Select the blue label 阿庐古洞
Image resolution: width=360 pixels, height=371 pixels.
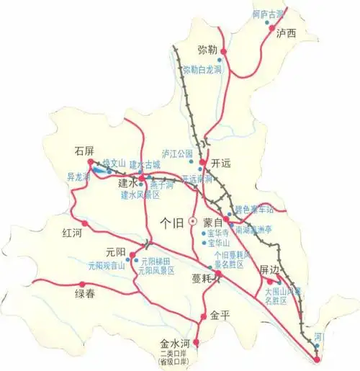[x=267, y=14]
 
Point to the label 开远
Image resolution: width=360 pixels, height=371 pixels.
[x=222, y=163]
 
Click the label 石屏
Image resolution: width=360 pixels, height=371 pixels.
[x=85, y=151]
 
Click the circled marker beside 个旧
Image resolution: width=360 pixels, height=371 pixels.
[x=192, y=222]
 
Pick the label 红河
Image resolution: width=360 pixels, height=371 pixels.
[x=73, y=233]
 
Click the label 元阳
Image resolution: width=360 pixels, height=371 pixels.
[x=116, y=251]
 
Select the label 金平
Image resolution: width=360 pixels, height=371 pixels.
[x=220, y=316]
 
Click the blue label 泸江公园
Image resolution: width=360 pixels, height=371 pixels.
[x=179, y=153]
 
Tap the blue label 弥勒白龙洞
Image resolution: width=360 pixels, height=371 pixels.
[x=202, y=70]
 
